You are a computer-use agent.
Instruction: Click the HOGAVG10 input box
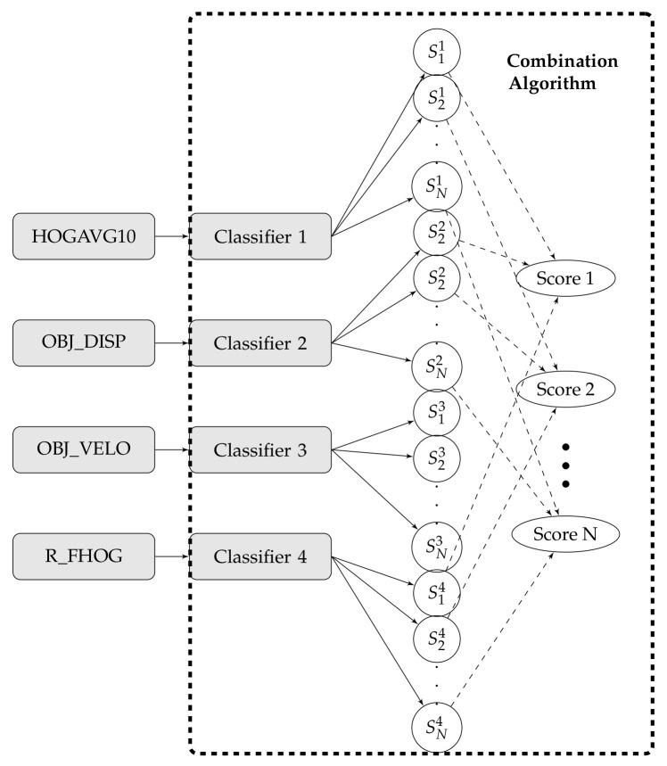pos(86,236)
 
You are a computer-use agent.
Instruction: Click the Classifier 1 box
pos(261,236)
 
